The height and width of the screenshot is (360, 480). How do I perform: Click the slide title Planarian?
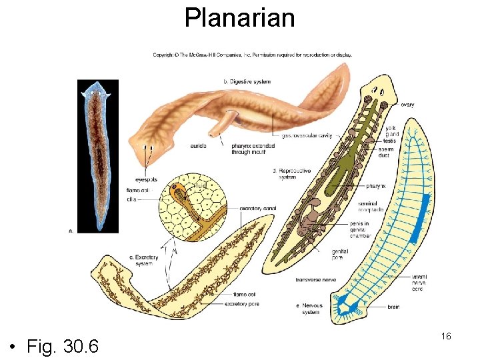pyautogui.click(x=239, y=18)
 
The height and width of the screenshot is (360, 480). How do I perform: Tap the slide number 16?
pyautogui.click(x=446, y=336)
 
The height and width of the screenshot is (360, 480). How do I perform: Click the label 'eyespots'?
pyautogui.click(x=147, y=179)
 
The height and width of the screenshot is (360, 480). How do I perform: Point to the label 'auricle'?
pyautogui.click(x=198, y=145)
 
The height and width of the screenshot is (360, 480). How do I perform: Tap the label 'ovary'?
pyautogui.click(x=407, y=105)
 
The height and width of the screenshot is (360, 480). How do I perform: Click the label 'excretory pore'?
pyautogui.click(x=242, y=304)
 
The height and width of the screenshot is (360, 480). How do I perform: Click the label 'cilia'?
pyautogui.click(x=133, y=199)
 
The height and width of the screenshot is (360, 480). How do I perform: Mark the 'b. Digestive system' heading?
pyautogui.click(x=246, y=81)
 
